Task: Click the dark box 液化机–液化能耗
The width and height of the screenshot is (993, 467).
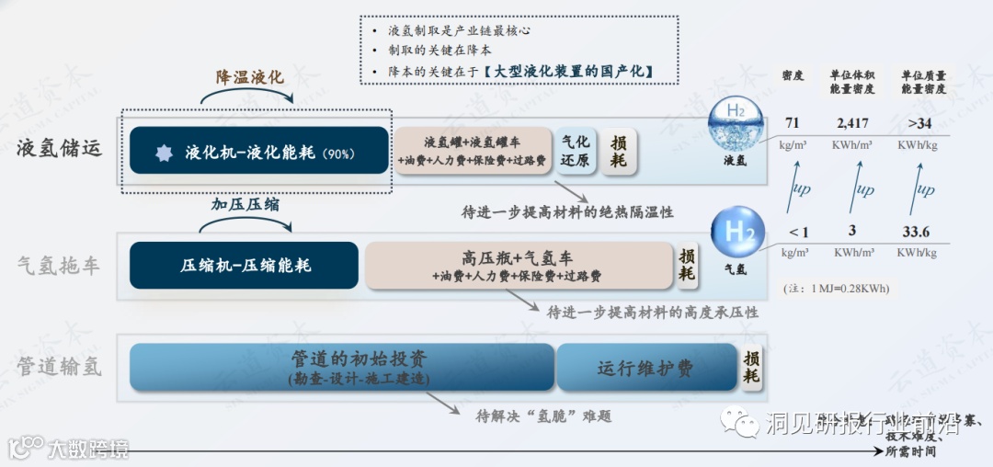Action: [258, 151]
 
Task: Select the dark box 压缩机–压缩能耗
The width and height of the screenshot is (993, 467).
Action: [244, 266]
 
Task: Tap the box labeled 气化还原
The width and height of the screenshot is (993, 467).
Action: [576, 151]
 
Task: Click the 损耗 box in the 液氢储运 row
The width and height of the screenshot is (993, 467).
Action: [619, 151]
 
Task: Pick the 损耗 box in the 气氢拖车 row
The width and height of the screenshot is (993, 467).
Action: [687, 265]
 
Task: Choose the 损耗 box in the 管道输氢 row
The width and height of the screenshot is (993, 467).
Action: [751, 368]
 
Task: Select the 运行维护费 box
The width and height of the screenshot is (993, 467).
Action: [646, 368]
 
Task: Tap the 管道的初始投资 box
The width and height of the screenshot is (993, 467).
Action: [342, 367]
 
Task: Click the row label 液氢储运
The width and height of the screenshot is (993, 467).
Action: [59, 148]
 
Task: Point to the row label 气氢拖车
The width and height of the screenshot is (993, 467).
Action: [59, 267]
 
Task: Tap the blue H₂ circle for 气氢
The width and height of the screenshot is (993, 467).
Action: [737, 232]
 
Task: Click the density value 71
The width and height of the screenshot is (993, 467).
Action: [793, 123]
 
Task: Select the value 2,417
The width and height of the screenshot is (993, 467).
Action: [852, 123]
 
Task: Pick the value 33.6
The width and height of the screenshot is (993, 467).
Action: [916, 233]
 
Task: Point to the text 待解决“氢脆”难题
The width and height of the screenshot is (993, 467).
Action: [543, 416]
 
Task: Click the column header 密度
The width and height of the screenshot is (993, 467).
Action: [793, 75]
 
